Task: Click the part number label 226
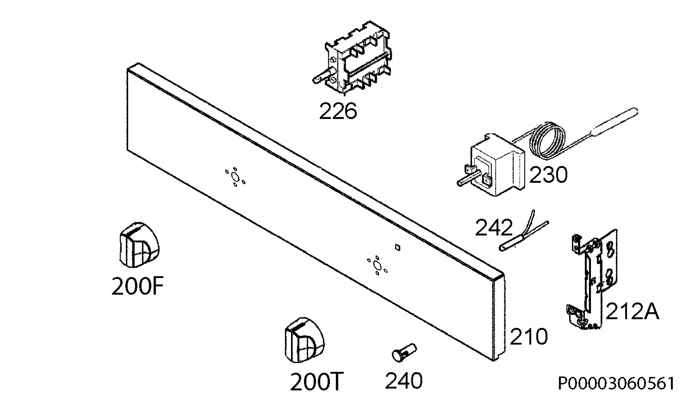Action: point(338,111)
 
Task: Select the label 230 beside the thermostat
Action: point(548,175)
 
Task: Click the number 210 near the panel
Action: point(528,336)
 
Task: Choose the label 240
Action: point(404,380)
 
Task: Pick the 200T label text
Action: point(317,382)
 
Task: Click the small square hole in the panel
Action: point(397,248)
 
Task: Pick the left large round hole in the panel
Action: point(235,177)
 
